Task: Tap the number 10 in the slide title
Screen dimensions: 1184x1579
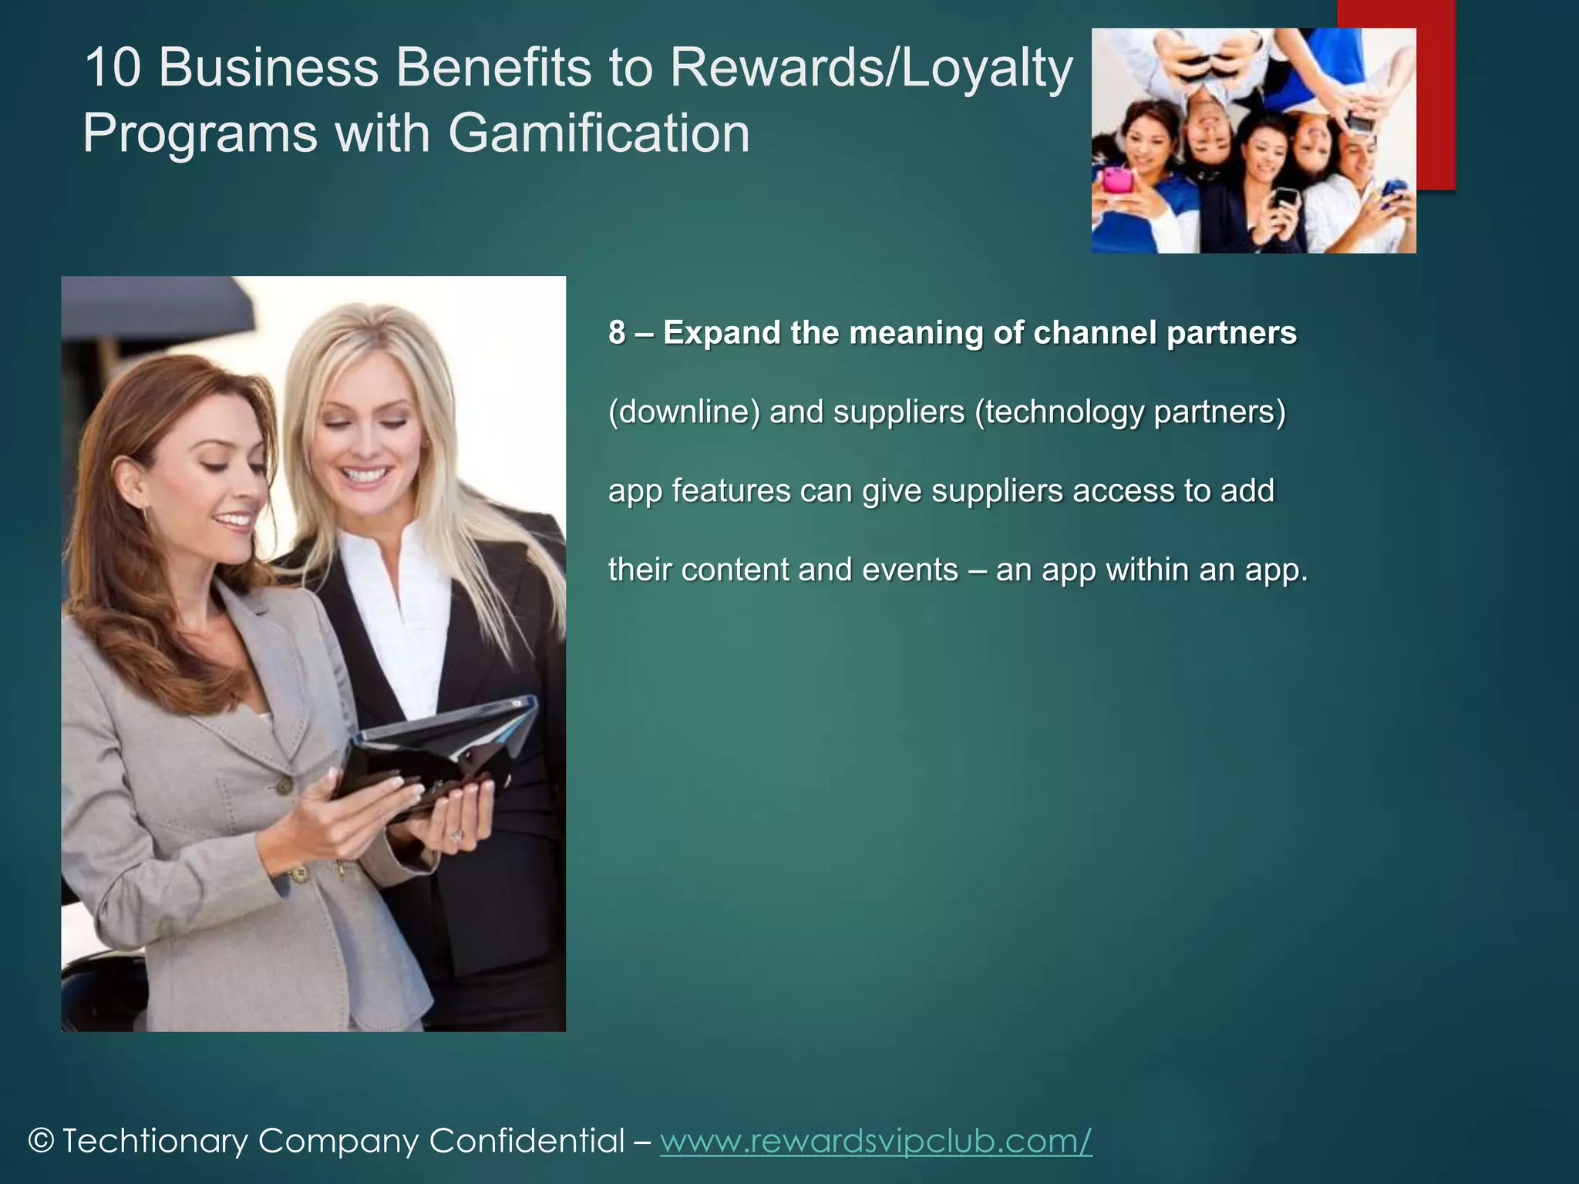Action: click(x=113, y=68)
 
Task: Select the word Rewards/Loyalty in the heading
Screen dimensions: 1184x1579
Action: click(x=871, y=68)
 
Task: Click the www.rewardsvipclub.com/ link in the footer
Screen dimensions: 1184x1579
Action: click(x=876, y=1141)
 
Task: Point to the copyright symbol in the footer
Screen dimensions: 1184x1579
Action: click(x=41, y=1142)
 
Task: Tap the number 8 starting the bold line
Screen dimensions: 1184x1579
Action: click(x=617, y=333)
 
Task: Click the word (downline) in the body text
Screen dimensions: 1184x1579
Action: click(x=684, y=412)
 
